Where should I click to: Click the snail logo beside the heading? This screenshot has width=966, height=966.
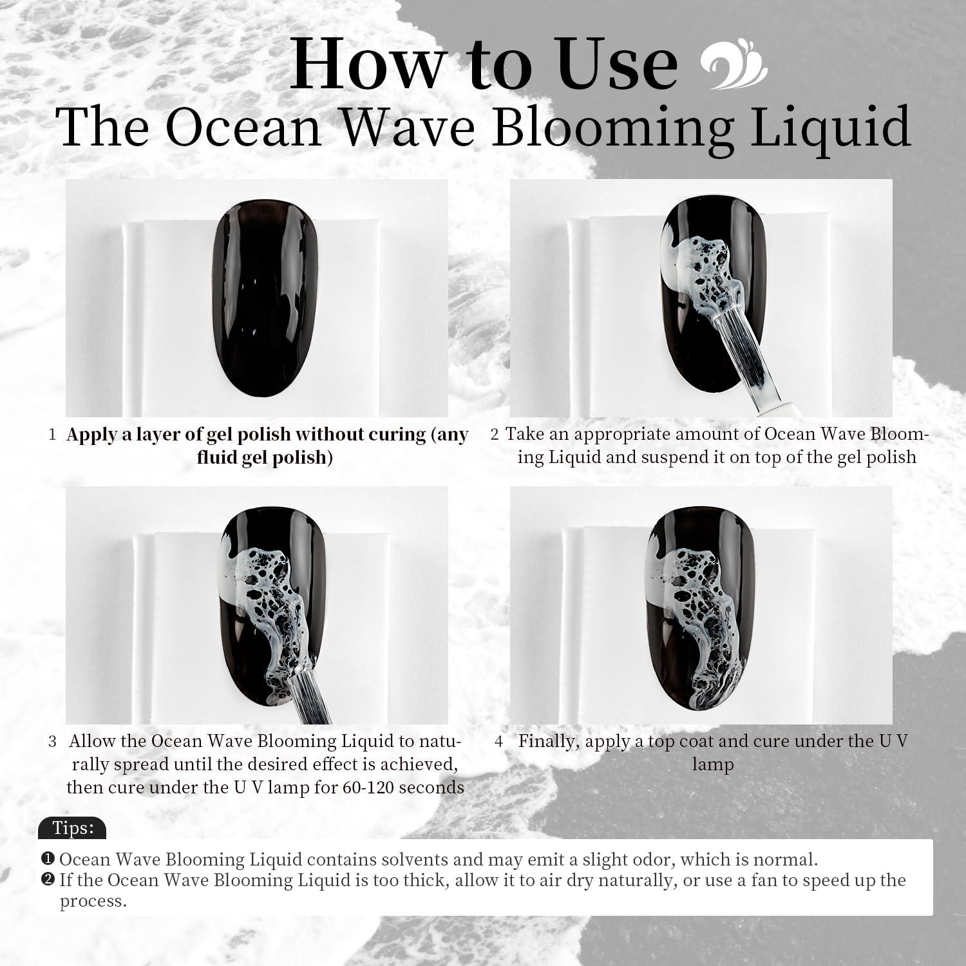734,65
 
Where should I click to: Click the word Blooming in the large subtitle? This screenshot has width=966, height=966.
612,126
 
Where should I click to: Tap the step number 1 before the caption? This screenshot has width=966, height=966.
52,435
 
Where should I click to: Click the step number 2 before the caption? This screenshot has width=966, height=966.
494,434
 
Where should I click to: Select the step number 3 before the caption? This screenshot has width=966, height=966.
52,741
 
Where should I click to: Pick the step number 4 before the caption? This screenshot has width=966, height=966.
498,741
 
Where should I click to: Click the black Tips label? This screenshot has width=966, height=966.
72,828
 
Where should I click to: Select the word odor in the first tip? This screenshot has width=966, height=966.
650,859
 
